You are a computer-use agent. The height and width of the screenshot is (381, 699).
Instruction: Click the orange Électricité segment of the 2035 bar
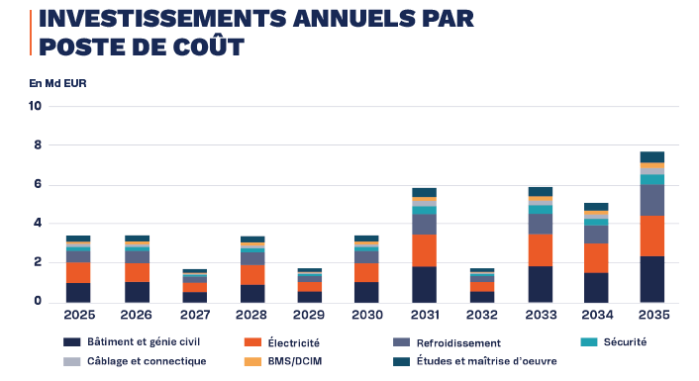[652, 237]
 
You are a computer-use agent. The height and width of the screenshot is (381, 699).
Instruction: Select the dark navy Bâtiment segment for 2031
[425, 285]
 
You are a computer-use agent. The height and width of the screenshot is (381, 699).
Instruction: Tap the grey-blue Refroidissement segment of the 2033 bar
[541, 224]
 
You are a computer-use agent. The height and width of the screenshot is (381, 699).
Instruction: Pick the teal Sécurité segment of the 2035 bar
[652, 179]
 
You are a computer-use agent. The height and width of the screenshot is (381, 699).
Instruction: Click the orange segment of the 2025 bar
[78, 273]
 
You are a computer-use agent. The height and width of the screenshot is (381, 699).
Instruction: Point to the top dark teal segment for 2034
[596, 207]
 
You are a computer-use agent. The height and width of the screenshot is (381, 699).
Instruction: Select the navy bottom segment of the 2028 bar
[252, 294]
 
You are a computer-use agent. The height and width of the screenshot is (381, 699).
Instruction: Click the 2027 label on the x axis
[195, 315]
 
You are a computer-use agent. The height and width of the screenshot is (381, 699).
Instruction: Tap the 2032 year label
[482, 315]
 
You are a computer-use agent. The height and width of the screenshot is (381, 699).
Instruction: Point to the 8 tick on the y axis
[38, 145]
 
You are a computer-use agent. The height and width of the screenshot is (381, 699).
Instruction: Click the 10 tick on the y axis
[35, 106]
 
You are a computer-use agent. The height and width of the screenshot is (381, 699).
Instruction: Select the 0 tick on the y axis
[38, 301]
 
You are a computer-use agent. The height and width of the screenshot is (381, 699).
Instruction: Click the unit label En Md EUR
[58, 83]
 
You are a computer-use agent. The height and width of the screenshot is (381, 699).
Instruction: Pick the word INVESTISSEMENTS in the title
[163, 19]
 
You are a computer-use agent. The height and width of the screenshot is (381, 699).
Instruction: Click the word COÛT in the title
[209, 47]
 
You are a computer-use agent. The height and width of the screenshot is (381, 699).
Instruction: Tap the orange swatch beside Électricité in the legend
[252, 342]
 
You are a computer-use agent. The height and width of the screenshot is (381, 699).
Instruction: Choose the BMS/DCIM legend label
[295, 361]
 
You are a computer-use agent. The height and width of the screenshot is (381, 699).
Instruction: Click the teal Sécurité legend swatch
[589, 342]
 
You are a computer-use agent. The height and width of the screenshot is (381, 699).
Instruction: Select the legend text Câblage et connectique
[147, 361]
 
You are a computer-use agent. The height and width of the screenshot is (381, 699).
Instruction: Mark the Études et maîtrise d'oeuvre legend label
[487, 361]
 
